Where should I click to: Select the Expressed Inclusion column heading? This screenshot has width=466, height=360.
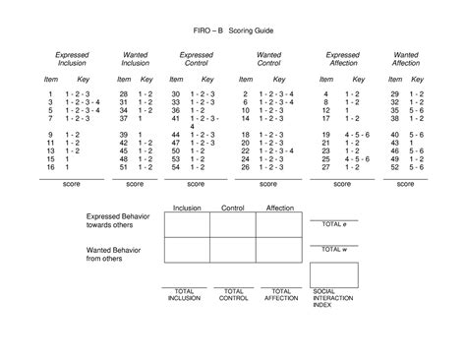tap(71, 59)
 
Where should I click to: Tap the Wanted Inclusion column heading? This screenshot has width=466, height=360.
tap(135, 59)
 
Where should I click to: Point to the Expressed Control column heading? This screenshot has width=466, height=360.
tap(198, 59)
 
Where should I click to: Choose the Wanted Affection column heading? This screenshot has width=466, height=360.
tap(405, 59)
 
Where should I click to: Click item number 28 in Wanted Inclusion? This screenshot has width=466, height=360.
tap(124, 92)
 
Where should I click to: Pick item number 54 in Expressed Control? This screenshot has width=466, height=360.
tap(176, 167)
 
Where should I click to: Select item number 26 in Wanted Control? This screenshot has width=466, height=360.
tap(244, 167)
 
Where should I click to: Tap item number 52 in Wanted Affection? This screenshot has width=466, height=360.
tap(393, 167)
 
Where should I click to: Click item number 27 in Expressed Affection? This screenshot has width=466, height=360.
tap(325, 167)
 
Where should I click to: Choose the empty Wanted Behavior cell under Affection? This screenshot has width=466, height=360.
tap(278, 250)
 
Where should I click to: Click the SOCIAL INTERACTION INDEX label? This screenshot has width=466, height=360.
tap(330, 298)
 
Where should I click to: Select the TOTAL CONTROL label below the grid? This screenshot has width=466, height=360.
tap(234, 295)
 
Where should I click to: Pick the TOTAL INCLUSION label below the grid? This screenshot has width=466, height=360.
tap(184, 295)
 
